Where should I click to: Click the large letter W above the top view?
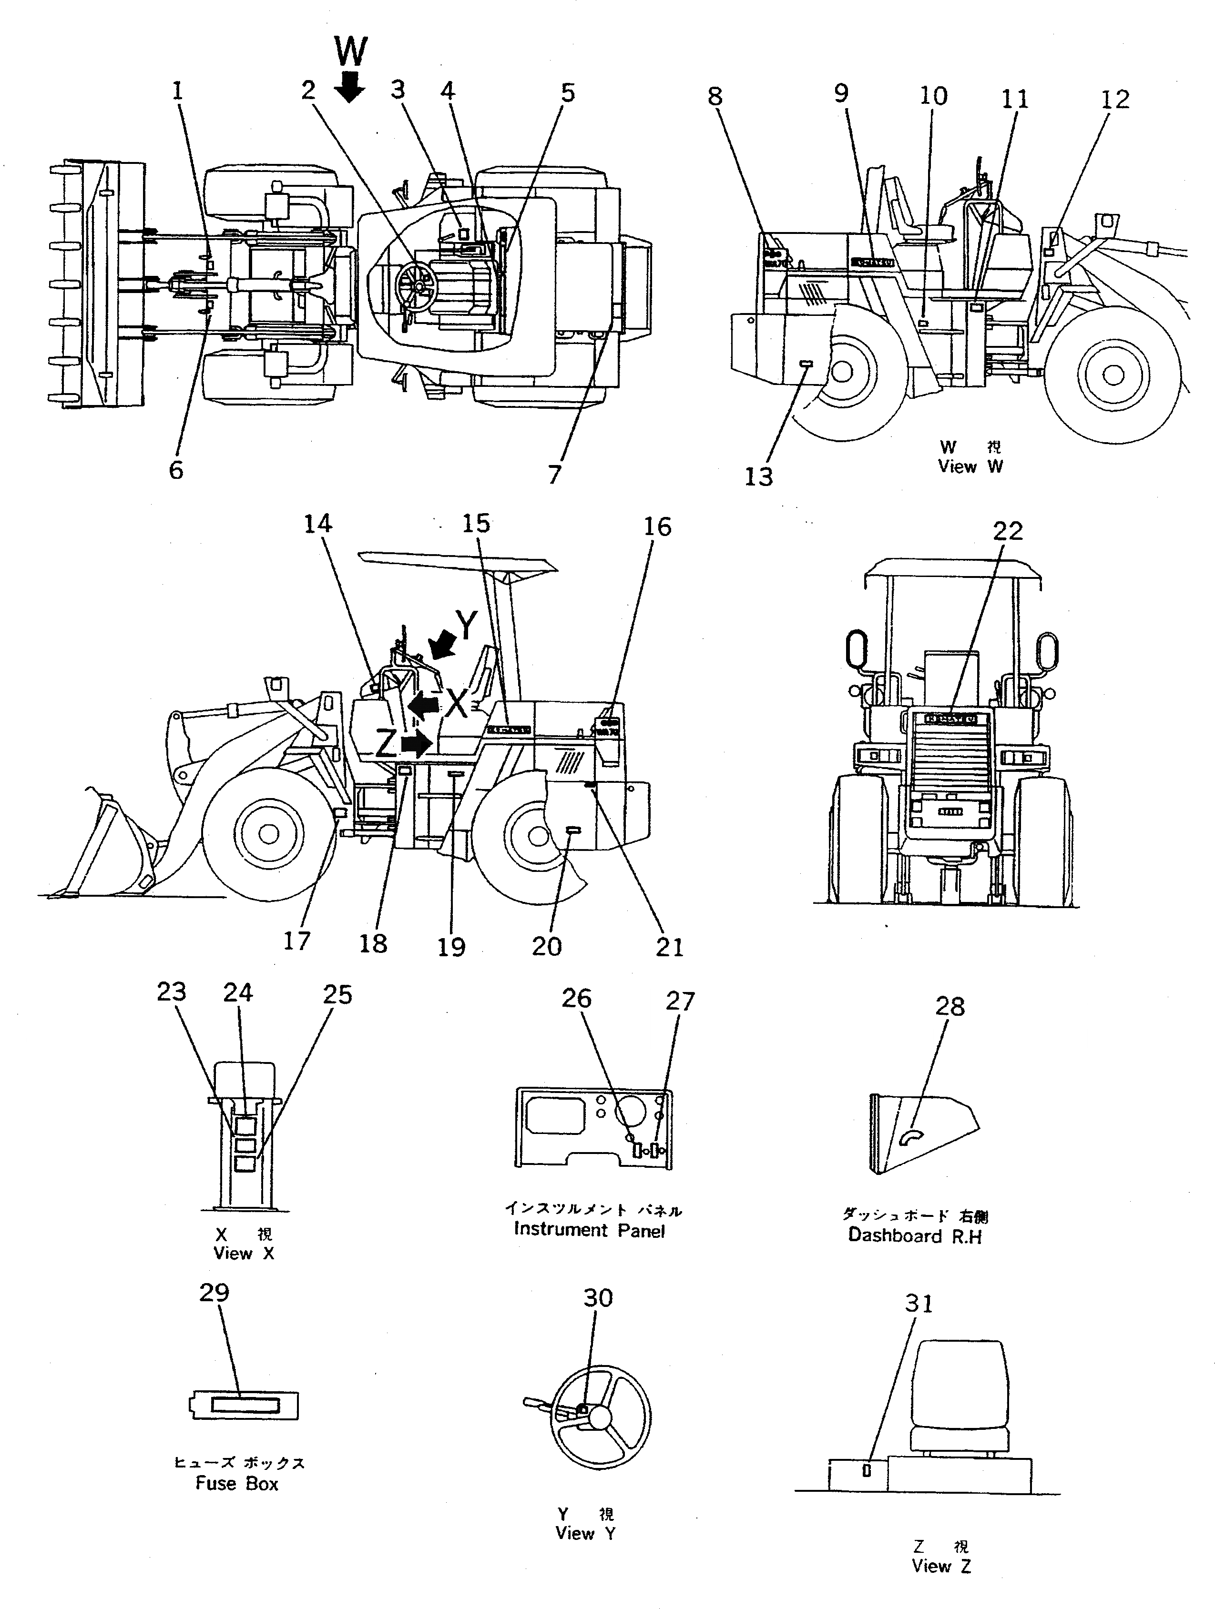tap(351, 52)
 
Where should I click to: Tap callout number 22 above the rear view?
tap(1008, 530)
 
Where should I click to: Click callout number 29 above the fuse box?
tap(214, 1293)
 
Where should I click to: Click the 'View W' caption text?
tap(970, 466)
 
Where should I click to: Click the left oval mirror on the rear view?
tap(856, 649)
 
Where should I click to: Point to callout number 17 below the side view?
tap(297, 941)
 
